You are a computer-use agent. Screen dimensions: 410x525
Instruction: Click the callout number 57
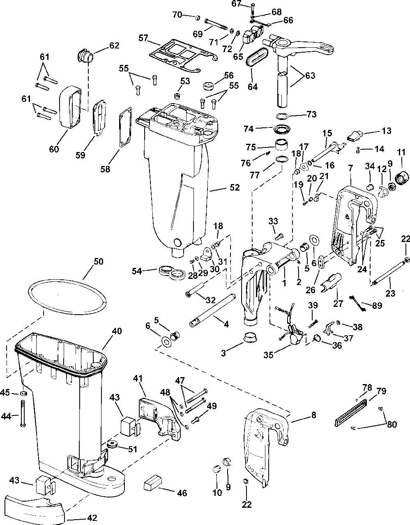pyautogui.click(x=143, y=38)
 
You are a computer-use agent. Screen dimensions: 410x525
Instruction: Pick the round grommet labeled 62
pyautogui.click(x=85, y=56)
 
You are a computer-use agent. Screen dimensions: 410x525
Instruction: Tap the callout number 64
pyautogui.click(x=252, y=86)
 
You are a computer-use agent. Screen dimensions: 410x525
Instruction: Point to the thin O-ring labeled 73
pyautogui.click(x=282, y=116)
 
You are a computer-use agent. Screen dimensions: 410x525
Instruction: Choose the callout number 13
pyautogui.click(x=387, y=131)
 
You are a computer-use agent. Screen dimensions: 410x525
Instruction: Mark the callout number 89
pyautogui.click(x=377, y=306)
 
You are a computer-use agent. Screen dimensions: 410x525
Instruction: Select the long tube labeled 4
pyautogui.click(x=213, y=311)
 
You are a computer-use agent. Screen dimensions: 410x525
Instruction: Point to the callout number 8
pyautogui.click(x=313, y=415)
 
